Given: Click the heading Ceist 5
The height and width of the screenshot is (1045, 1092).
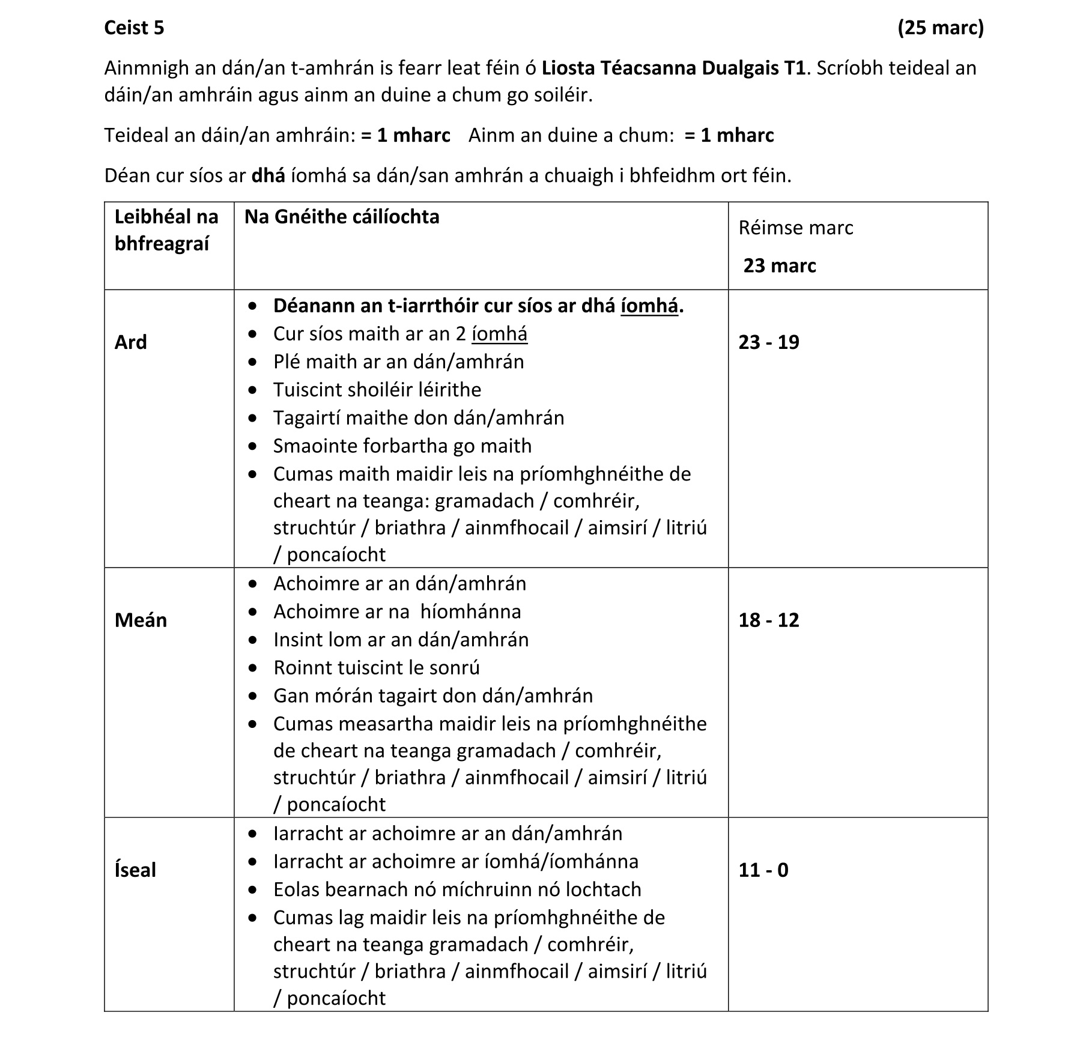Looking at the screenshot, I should [134, 28].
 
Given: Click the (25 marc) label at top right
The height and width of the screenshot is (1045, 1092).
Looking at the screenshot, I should [940, 28].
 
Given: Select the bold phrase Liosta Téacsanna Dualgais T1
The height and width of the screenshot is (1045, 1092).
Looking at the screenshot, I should [673, 68].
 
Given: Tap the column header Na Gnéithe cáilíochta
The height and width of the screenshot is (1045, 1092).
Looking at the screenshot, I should [342, 217].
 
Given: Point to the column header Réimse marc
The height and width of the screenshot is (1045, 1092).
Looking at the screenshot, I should [795, 228].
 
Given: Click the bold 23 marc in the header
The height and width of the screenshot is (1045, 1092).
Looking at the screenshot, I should [779, 265].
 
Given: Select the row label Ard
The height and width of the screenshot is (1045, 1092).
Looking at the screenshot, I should [130, 342].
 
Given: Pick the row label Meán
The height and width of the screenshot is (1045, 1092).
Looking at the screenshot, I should [141, 620].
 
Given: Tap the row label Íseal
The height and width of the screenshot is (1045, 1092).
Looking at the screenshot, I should [135, 870].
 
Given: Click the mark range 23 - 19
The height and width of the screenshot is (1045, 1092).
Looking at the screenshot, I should [769, 342].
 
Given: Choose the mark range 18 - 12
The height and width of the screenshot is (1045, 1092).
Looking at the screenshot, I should [769, 620].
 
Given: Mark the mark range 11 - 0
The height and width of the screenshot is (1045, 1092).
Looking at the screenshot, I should [763, 870].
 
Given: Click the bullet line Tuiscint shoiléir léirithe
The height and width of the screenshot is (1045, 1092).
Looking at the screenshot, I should [377, 390].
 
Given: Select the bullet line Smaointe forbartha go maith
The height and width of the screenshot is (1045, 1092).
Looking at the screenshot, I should [402, 446].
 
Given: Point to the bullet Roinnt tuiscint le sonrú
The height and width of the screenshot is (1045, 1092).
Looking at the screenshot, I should [377, 667].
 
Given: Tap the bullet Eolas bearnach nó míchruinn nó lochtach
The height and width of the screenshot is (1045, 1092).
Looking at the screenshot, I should [457, 889].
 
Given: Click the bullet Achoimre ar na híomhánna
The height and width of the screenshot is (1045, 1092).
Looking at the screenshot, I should [397, 611].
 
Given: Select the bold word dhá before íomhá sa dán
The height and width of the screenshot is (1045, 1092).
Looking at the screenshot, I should [268, 175].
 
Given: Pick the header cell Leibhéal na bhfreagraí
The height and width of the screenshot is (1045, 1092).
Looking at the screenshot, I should [166, 230].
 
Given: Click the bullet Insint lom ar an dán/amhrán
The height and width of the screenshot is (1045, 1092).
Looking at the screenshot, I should [401, 640].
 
